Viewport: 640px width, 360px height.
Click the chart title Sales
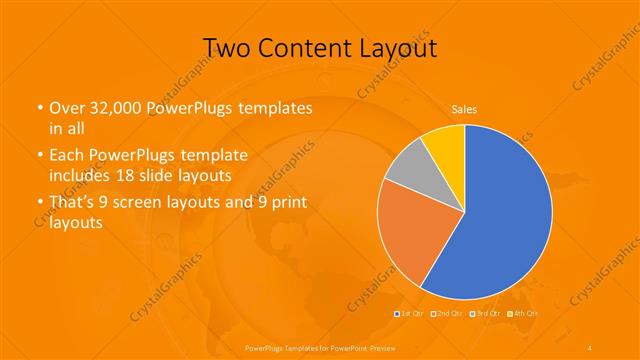point(463,108)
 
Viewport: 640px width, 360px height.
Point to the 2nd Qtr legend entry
point(447,314)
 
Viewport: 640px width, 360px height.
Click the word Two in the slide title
point(227,47)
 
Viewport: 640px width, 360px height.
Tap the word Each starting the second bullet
point(67,156)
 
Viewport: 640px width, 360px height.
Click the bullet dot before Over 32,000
point(39,108)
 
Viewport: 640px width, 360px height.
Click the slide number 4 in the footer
point(590,346)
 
